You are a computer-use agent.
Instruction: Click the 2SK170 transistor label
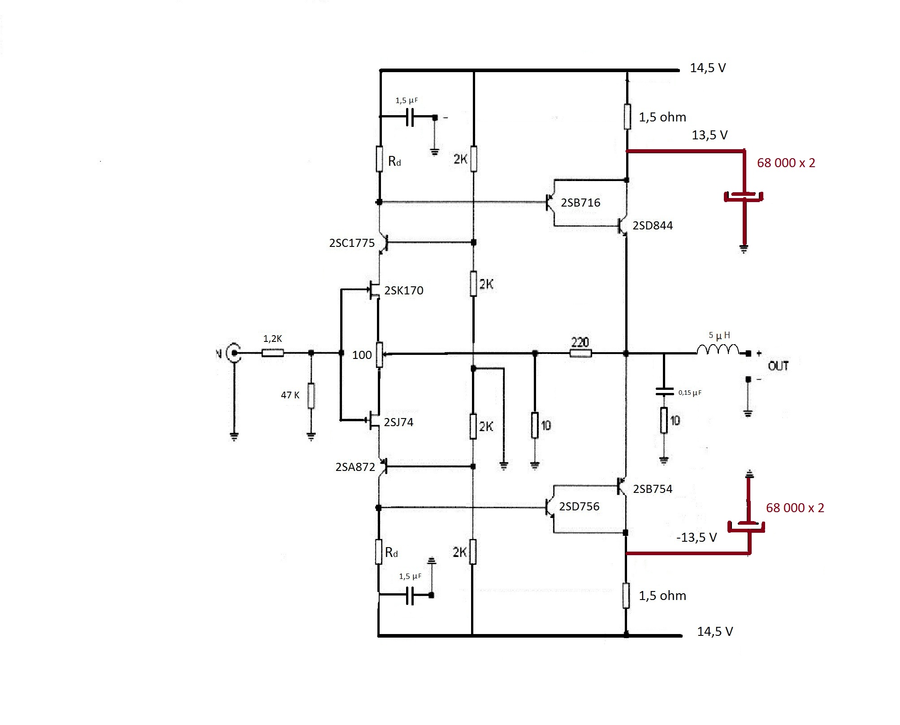pyautogui.click(x=403, y=290)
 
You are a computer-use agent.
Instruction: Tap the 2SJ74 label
pyautogui.click(x=398, y=422)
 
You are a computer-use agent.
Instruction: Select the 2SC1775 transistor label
pyautogui.click(x=352, y=243)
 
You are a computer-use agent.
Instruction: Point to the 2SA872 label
pyautogui.click(x=355, y=467)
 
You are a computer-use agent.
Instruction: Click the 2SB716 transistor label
pyautogui.click(x=580, y=203)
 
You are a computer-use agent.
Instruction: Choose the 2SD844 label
pyautogui.click(x=653, y=225)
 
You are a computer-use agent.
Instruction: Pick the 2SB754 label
pyautogui.click(x=653, y=489)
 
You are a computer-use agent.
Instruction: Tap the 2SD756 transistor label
pyautogui.click(x=579, y=506)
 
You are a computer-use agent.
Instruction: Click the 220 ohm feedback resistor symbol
pyautogui.click(x=581, y=354)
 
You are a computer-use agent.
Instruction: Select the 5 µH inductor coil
pyautogui.click(x=718, y=349)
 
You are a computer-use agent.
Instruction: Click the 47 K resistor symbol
pyautogui.click(x=311, y=396)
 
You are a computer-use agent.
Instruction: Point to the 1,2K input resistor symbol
pyautogui.click(x=273, y=353)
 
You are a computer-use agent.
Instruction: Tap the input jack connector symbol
pyautogui.click(x=234, y=353)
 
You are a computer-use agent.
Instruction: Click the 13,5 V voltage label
pyautogui.click(x=710, y=135)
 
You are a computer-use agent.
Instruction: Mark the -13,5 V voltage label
pyautogui.click(x=697, y=537)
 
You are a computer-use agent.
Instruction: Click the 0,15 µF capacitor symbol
pyautogui.click(x=664, y=392)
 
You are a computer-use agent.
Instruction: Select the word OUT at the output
pyautogui.click(x=779, y=366)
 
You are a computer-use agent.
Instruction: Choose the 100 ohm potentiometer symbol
pyautogui.click(x=379, y=355)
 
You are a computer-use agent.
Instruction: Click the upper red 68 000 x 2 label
pyautogui.click(x=786, y=163)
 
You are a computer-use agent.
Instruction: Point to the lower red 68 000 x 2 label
pyautogui.click(x=795, y=508)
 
